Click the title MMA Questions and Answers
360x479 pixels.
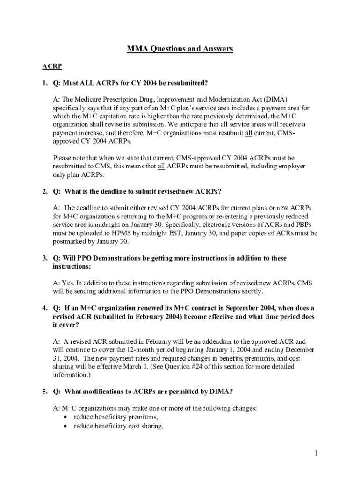click(180, 49)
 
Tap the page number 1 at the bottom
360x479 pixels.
click(316, 453)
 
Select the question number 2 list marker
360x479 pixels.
click(45, 191)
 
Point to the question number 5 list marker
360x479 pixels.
click(45, 391)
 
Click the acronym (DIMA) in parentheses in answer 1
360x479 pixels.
click(275, 100)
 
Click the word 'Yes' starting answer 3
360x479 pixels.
click(68, 283)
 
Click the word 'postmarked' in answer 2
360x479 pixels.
click(69, 241)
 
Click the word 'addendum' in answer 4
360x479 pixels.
click(218, 341)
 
